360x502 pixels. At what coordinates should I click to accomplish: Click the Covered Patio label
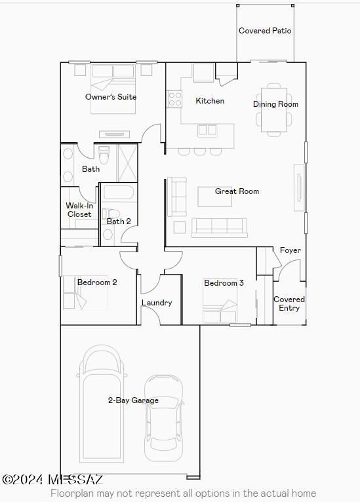264,31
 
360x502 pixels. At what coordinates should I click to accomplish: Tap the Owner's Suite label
111,97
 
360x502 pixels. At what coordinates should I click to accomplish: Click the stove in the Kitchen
174,99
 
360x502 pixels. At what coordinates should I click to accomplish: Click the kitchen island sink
207,130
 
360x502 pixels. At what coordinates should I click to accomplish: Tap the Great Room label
237,191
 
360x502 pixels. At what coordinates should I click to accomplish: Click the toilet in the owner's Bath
104,156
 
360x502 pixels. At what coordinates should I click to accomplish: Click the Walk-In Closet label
79,210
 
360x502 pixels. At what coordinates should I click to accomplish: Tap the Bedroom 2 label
97,282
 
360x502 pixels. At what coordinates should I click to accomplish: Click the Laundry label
157,303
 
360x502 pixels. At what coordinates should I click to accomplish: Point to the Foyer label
290,250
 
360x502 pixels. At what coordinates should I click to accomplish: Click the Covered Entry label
289,303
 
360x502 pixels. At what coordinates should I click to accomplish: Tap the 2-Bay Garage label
133,400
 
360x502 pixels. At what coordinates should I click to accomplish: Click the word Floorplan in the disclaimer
74,493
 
